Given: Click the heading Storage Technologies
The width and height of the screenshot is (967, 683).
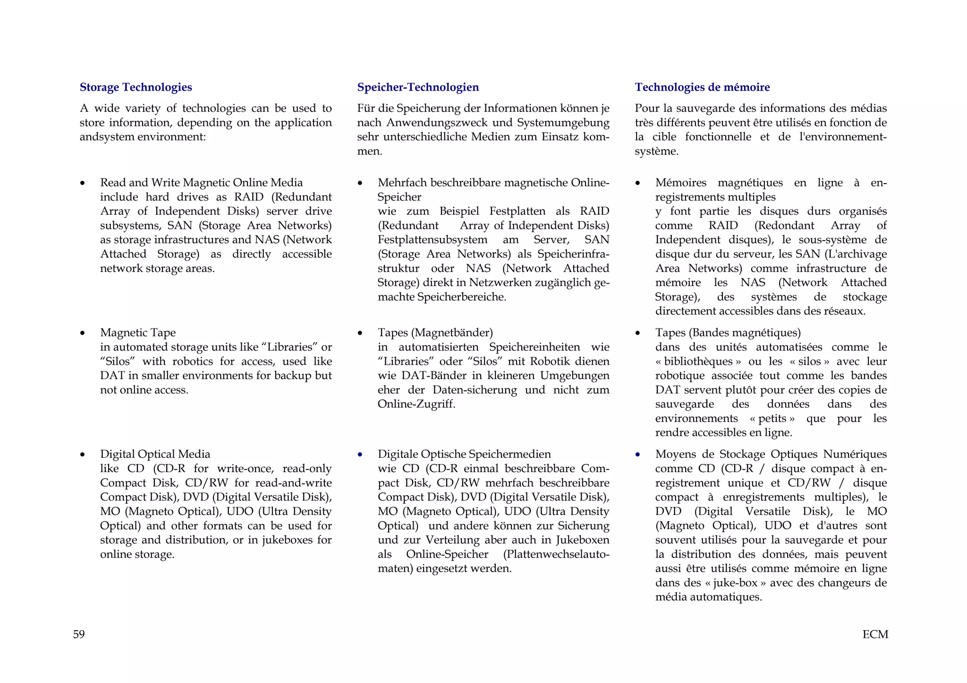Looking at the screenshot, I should click(136, 87).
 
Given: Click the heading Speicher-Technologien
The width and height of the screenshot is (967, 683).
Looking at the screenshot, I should click(418, 87).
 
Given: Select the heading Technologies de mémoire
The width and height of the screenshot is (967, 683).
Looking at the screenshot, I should click(702, 87).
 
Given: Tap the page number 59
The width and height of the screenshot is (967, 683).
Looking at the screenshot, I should click(79, 634).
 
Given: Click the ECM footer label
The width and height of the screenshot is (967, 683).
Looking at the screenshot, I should click(875, 634).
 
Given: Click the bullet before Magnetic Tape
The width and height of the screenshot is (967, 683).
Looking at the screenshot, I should click(83, 333).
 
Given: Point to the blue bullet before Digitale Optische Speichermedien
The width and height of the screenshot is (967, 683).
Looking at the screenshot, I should click(360, 455).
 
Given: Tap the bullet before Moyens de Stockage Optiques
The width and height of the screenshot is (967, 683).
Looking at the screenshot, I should click(638, 455).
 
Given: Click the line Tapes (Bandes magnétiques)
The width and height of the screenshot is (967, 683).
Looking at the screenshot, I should click(728, 333).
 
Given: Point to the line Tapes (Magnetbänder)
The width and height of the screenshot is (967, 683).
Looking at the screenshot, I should click(435, 333).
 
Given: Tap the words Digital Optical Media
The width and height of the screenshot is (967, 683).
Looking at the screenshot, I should click(155, 454).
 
